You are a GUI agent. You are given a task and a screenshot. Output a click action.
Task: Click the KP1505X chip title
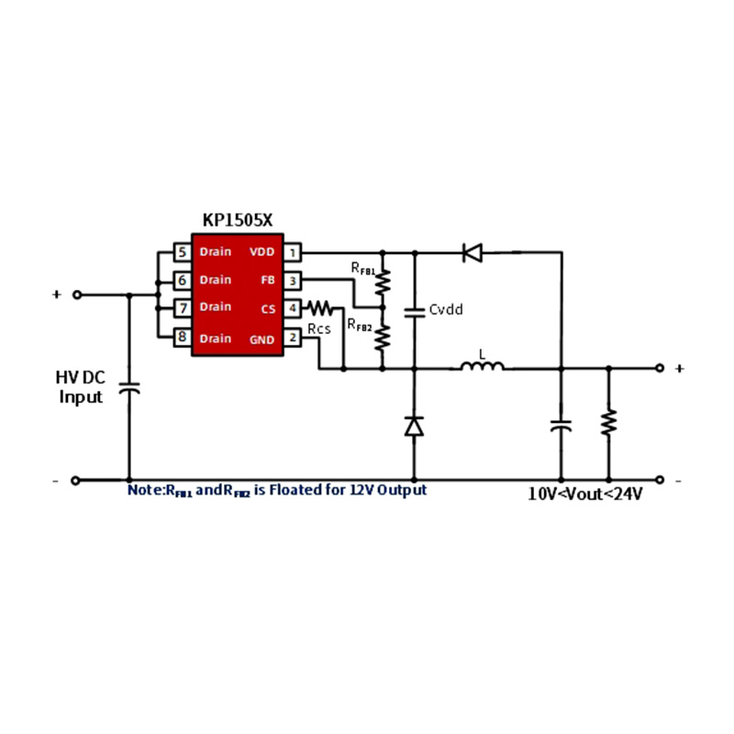click(x=238, y=220)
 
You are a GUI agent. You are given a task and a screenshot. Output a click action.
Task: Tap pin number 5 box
click(x=183, y=251)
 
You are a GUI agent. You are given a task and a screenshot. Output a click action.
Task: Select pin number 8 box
click(x=183, y=338)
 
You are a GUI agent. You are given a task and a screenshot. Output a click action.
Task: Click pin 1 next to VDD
click(x=292, y=251)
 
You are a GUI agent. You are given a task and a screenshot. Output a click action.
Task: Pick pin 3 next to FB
click(x=292, y=280)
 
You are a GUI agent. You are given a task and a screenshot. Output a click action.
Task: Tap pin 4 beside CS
click(x=292, y=308)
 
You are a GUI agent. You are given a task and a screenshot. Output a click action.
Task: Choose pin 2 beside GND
click(x=292, y=338)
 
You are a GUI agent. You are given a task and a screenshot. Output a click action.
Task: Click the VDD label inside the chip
click(x=261, y=251)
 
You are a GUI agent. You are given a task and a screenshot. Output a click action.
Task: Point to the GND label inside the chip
click(x=261, y=338)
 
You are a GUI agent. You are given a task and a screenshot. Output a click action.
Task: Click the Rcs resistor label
click(x=319, y=328)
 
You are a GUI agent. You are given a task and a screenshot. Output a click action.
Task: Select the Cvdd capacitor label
click(x=446, y=310)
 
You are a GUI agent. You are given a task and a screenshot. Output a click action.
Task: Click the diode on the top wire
click(x=473, y=251)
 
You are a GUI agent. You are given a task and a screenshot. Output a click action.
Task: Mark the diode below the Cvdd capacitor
click(x=414, y=426)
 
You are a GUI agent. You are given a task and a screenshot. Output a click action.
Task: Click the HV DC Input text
click(x=81, y=387)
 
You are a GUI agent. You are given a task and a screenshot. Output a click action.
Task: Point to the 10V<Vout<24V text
click(x=584, y=493)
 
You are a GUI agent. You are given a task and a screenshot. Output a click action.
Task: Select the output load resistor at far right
click(x=607, y=423)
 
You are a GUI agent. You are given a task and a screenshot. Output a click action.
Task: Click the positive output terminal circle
click(x=659, y=368)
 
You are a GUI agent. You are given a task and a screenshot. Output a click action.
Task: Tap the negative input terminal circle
click(x=76, y=479)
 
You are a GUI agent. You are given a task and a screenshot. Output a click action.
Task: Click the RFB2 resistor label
click(x=359, y=325)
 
